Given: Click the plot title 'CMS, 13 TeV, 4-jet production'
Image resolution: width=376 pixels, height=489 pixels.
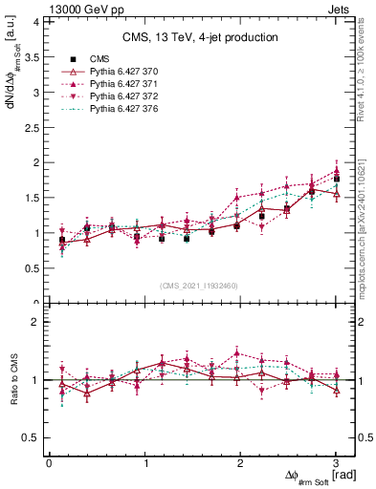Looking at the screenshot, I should (x=200, y=37).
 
